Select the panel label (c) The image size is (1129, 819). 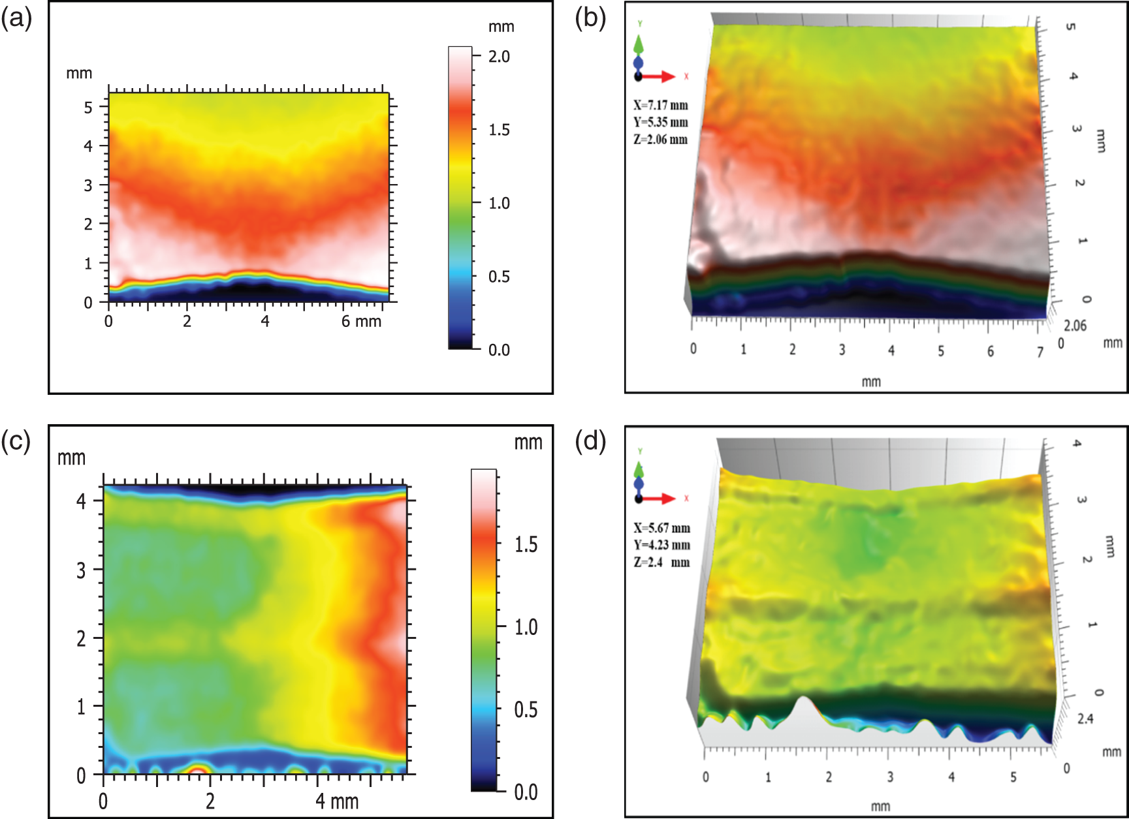click(x=16, y=441)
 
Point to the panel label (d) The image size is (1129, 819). click(x=590, y=441)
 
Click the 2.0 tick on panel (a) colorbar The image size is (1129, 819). click(x=499, y=57)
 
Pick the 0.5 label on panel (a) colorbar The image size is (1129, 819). click(x=499, y=277)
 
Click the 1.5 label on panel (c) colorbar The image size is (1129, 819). click(x=526, y=544)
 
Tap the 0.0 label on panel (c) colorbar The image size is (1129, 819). click(x=526, y=792)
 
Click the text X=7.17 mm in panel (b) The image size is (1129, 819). click(x=660, y=106)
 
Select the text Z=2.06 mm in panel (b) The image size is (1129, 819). click(x=660, y=140)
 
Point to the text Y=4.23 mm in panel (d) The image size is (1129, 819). click(x=661, y=546)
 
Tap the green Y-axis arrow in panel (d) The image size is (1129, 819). click(x=639, y=469)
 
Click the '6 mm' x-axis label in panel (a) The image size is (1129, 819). click(x=361, y=321)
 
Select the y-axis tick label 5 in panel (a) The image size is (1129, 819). click(x=88, y=107)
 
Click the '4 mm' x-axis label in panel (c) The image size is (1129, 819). click(x=337, y=801)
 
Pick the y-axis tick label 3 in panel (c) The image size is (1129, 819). click(x=81, y=571)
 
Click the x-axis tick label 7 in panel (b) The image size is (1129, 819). click(x=1040, y=352)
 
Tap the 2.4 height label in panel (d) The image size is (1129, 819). click(x=1085, y=719)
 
